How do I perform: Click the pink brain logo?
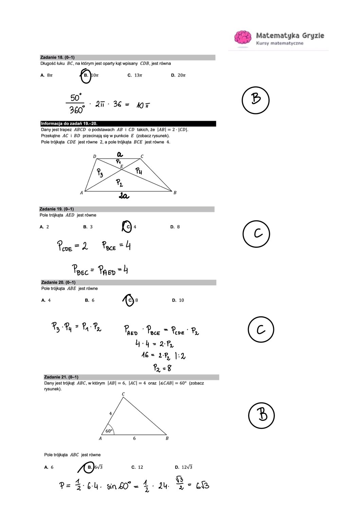point(243,37)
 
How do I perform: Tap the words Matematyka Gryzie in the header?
point(290,35)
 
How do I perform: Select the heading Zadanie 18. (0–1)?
point(57,57)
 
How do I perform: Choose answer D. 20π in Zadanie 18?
point(178,75)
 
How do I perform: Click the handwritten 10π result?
point(143,106)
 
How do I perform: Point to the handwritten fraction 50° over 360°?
point(76,103)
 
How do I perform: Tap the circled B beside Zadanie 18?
point(255,100)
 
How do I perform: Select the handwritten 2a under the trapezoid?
point(124,196)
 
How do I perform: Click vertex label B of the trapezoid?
point(175,193)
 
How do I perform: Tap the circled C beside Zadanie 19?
point(256,233)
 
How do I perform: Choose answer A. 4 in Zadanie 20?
point(46,300)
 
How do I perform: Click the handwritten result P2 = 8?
point(162,368)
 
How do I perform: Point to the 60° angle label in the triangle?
point(109,431)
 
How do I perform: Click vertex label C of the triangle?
point(123,394)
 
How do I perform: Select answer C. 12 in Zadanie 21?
point(137,467)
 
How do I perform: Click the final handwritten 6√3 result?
point(202,486)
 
